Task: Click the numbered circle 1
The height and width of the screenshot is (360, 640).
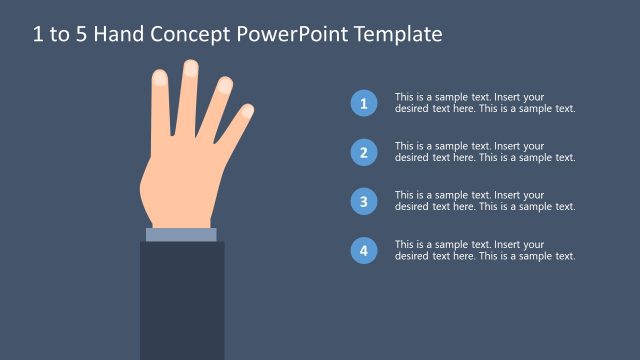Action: click(x=364, y=103)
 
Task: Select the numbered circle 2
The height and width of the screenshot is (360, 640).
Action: click(x=364, y=152)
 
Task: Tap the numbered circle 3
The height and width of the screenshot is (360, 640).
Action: click(x=364, y=201)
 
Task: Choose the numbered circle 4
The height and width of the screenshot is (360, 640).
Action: click(x=364, y=250)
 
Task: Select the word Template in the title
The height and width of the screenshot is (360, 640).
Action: click(x=392, y=35)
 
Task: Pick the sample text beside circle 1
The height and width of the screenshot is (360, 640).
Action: click(x=485, y=103)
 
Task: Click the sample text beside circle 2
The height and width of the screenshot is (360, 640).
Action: click(x=485, y=152)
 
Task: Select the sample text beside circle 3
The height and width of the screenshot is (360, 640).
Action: click(x=485, y=201)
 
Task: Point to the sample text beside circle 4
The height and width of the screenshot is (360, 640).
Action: click(x=485, y=250)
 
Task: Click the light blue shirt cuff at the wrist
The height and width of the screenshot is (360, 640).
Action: click(x=181, y=235)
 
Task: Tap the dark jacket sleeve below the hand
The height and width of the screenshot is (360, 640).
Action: click(x=181, y=300)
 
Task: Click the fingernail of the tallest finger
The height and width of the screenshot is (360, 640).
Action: click(x=190, y=69)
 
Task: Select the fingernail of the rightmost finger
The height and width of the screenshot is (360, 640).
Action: click(x=247, y=111)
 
